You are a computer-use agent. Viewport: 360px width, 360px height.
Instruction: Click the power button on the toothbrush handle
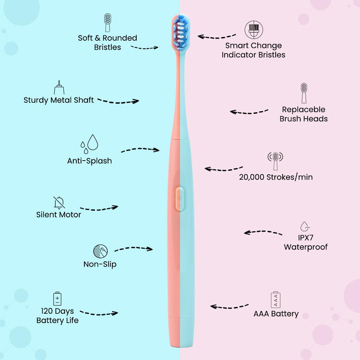pos(180,199)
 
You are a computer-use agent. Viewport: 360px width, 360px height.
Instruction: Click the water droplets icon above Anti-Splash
pos(89,143)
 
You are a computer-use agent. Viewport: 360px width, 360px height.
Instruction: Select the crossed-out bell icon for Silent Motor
pos(59,202)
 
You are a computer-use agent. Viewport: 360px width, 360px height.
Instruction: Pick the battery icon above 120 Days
pos(57,298)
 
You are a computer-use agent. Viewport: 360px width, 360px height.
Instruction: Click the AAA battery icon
pos(276,300)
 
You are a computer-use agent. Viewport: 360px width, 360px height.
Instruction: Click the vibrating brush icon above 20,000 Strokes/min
pos(275,160)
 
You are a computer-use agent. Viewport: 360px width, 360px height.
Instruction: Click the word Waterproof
pos(306,247)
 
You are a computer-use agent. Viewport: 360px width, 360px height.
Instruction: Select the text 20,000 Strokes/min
pos(276,177)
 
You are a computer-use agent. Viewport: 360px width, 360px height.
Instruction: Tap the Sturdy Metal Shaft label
pos(59,100)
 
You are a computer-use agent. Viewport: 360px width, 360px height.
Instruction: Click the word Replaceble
pos(303,109)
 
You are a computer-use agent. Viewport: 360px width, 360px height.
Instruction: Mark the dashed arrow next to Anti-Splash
pos(140,150)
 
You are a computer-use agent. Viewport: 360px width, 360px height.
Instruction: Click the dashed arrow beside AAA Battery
pos(229,306)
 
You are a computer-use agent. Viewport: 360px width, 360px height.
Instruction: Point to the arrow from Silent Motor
pos(99,208)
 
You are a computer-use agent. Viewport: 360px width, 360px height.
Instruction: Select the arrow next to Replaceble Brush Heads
pos(249,112)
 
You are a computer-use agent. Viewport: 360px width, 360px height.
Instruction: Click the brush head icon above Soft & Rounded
pos(107,23)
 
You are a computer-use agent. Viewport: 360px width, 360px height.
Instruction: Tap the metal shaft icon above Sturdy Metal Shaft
pos(59,87)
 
